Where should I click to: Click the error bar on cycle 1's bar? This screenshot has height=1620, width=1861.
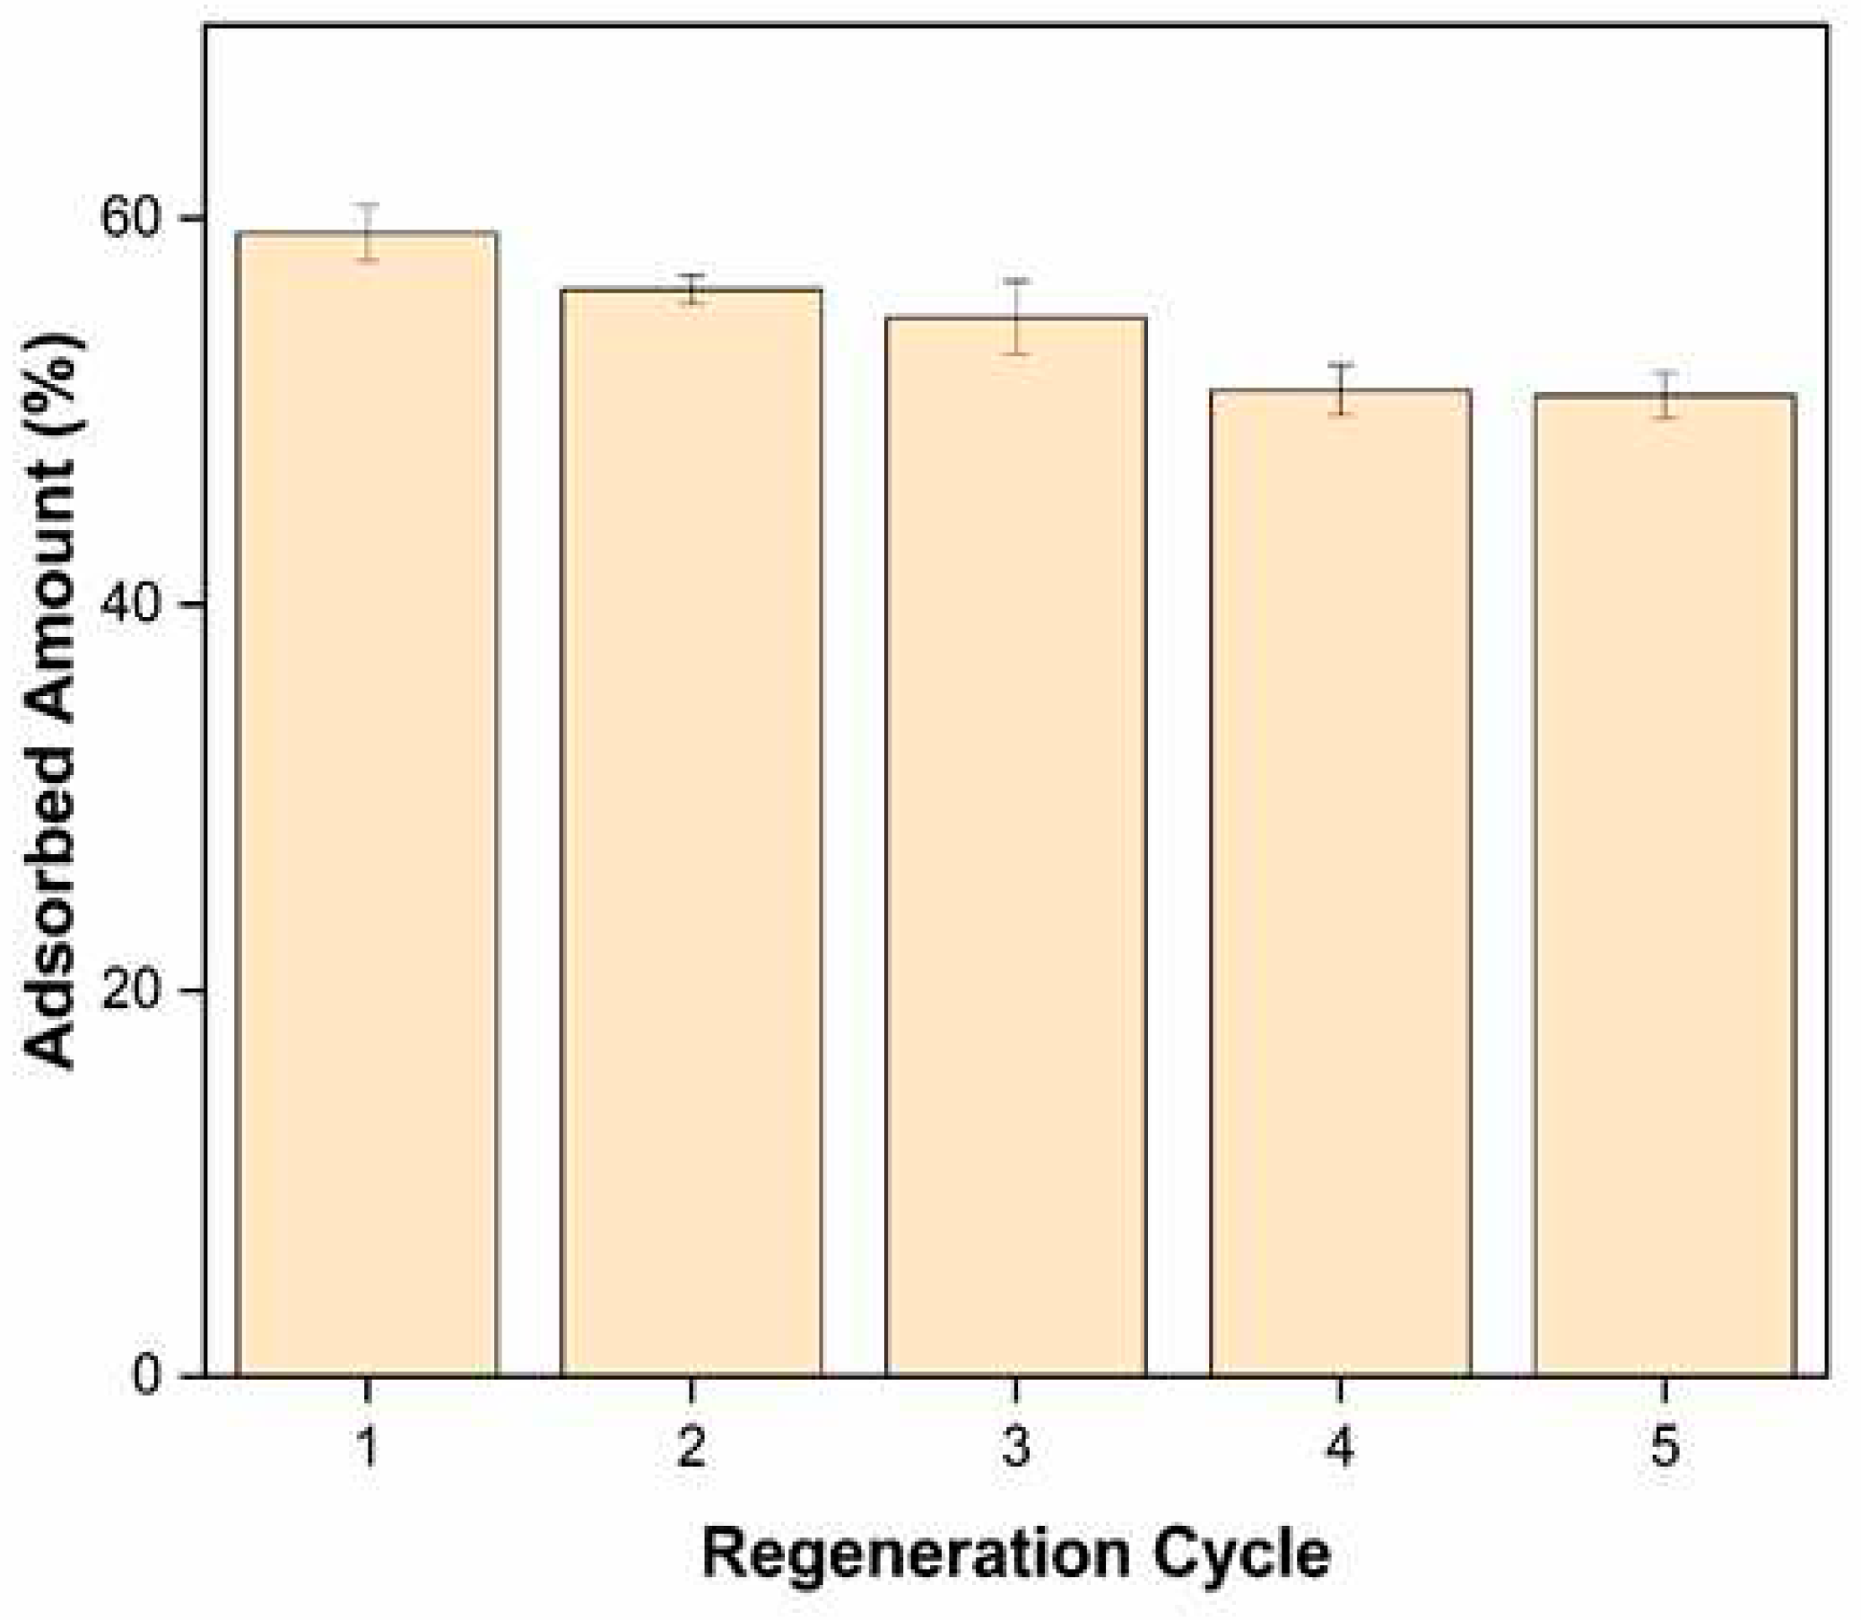[367, 231]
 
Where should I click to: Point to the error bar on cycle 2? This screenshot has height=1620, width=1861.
[692, 289]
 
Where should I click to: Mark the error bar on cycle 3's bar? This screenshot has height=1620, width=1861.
[1017, 318]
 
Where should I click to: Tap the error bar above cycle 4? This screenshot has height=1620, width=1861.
[1343, 388]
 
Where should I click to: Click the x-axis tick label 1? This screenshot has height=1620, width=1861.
[367, 1445]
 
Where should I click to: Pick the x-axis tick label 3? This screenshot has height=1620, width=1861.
[1016, 1445]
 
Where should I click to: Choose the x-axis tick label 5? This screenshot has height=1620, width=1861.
[1665, 1445]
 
